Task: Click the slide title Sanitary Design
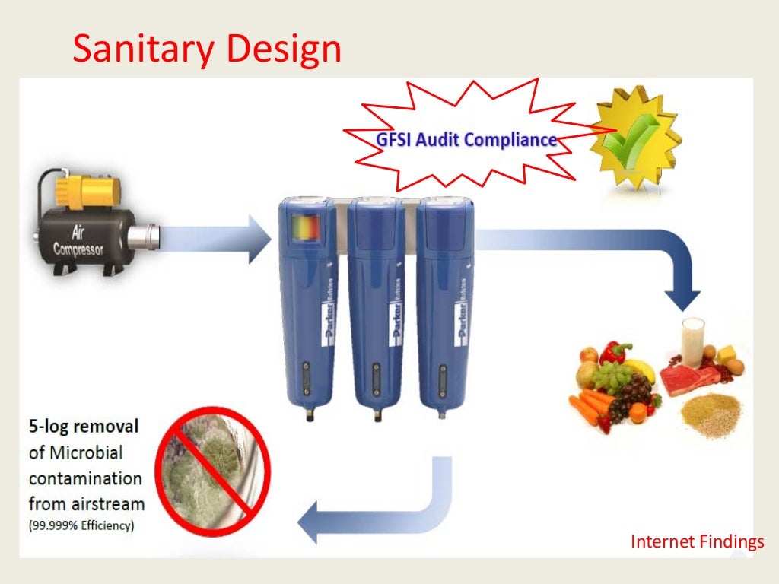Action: [x=206, y=49]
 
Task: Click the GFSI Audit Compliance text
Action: [x=466, y=140]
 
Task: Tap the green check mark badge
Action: [x=636, y=135]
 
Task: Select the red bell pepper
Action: [x=615, y=353]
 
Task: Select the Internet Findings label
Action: [x=697, y=541]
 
